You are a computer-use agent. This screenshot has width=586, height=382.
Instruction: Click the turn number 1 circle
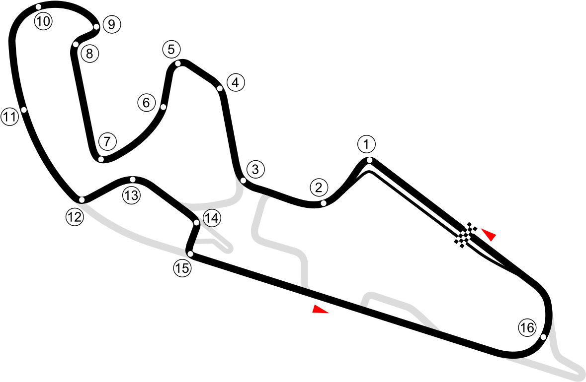tap(366, 145)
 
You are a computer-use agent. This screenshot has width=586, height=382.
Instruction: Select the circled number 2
tap(319, 188)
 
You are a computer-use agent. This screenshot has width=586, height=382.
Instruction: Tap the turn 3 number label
tap(255, 170)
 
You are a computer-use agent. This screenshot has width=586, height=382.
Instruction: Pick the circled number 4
tap(236, 83)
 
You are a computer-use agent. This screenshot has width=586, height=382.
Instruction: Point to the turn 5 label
tap(171, 50)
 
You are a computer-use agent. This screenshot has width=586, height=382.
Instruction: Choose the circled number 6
tap(146, 103)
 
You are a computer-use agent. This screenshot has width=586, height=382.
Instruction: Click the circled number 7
tap(107, 141)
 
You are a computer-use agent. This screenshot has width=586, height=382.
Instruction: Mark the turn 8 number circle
tap(89, 54)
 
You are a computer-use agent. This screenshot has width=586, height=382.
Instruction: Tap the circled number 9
tap(111, 24)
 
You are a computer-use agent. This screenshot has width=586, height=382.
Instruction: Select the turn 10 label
tap(43, 21)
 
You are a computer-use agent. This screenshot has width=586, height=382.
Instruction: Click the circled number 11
tap(9, 117)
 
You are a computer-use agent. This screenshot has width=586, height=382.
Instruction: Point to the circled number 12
tap(75, 217)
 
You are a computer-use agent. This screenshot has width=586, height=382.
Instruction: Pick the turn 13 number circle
tap(131, 195)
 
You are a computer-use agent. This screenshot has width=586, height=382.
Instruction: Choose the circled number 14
tap(212, 218)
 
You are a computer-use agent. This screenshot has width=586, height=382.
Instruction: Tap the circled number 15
tap(182, 268)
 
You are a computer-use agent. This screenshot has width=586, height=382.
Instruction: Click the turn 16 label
tap(527, 327)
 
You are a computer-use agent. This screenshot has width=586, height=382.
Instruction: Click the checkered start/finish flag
tap(466, 235)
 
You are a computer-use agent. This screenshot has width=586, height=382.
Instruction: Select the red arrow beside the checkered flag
tap(489, 234)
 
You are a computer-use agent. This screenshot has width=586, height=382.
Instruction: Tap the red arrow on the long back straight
tap(320, 310)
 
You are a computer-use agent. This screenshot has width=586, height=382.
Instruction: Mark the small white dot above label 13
tap(133, 179)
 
